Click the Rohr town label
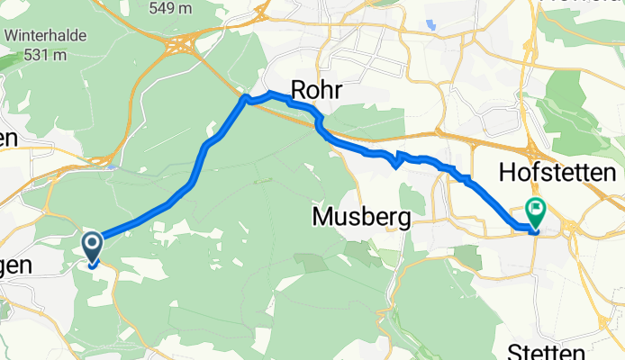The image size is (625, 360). point(314,89)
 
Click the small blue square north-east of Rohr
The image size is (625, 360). point(433,26)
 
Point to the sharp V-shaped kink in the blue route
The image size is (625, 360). point(395,165)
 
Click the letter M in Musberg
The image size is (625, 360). point(322,217)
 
